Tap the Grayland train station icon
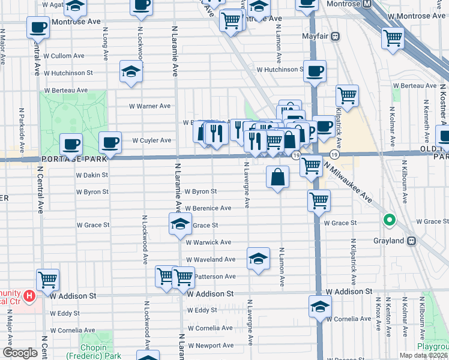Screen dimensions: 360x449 pyautogui.click(x=412, y=241)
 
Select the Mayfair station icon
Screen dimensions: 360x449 pyautogui.click(x=336, y=36)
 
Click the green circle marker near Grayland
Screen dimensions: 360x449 pyautogui.click(x=389, y=220)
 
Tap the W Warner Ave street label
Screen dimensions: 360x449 pyautogui.click(x=150, y=106)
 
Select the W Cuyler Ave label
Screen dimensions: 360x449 pyautogui.click(x=152, y=140)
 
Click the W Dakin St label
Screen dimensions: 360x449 pyautogui.click(x=92, y=175)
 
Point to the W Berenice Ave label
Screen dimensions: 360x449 pyautogui.click(x=208, y=208)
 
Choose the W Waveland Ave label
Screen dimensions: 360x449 pyautogui.click(x=210, y=259)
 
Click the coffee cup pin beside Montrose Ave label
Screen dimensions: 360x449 pyautogui.click(x=38, y=27)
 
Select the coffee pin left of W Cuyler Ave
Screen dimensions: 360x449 pyautogui.click(x=110, y=142)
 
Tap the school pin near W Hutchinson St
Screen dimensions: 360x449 pyautogui.click(x=131, y=71)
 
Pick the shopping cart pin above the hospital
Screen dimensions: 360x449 pyautogui.click(x=47, y=279)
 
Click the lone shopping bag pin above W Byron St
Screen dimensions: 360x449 pyautogui.click(x=278, y=177)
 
